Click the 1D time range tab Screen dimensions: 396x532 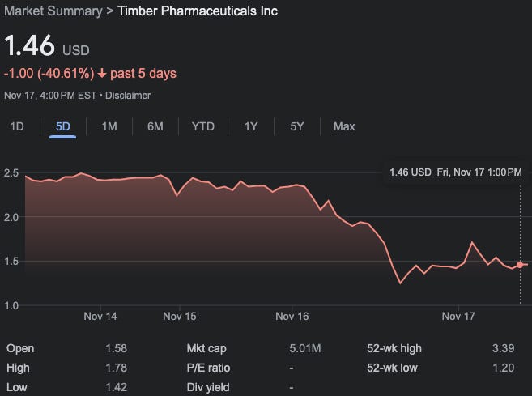17,126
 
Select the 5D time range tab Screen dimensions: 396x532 62,126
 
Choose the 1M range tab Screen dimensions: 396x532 109,126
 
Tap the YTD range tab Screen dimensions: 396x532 202,126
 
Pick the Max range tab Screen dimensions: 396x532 344,126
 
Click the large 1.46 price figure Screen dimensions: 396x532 30,45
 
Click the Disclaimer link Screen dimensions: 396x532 128,96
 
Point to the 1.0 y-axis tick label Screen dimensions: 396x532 11,305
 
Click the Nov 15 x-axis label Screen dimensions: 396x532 180,317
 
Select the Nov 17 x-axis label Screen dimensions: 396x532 458,317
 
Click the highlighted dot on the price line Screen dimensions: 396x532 520,264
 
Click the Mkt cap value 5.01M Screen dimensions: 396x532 305,349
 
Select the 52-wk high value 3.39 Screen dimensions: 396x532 503,349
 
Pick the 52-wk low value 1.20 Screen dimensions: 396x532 503,368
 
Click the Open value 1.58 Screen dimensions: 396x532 117,349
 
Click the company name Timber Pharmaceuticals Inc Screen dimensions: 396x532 198,11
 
